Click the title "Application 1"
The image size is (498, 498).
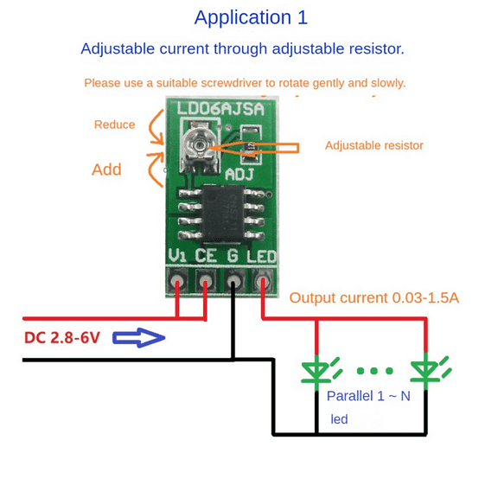point(251,17)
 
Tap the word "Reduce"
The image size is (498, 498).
point(114,124)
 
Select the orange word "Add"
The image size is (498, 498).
point(106,169)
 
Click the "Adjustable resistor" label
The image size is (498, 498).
point(373,145)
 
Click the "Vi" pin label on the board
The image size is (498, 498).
point(177,256)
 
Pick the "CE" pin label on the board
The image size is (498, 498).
point(206,256)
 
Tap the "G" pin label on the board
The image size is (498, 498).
point(233,256)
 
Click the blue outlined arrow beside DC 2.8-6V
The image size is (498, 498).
point(139,337)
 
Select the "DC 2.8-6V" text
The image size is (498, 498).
point(62,337)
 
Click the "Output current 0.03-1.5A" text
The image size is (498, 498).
point(373,298)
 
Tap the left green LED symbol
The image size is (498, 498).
point(316,371)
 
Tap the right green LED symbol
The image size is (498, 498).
point(425,371)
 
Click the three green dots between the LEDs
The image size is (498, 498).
point(373,372)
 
